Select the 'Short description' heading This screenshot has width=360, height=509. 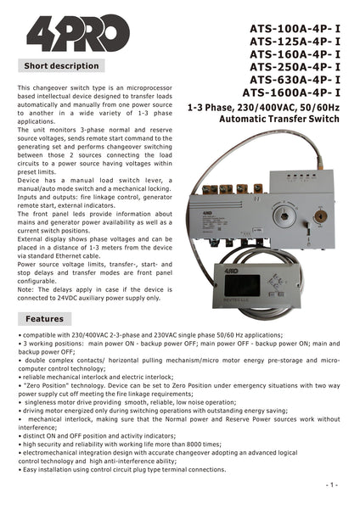(61, 65)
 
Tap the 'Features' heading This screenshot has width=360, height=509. (44, 319)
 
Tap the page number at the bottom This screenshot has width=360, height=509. (332, 484)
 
